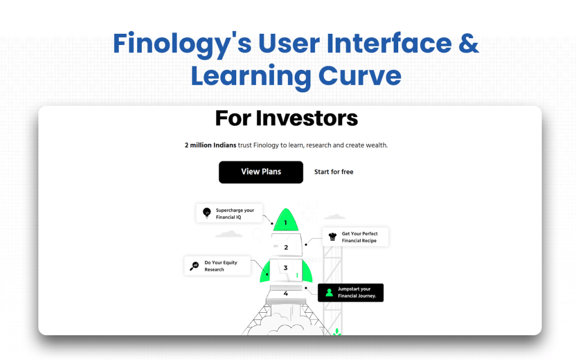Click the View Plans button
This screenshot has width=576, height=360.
click(261, 172)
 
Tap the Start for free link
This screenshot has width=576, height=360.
click(334, 172)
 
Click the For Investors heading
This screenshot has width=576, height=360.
click(286, 119)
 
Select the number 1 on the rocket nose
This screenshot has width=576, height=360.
click(285, 223)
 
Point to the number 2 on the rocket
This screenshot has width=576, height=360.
click(286, 247)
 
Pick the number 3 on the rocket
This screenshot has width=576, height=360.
click(286, 268)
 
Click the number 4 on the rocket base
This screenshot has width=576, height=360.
click(286, 293)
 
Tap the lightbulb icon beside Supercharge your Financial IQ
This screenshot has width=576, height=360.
click(206, 213)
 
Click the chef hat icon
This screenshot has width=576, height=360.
click(332, 237)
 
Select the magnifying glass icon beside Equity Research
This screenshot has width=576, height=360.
click(194, 266)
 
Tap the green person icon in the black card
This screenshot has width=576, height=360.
click(328, 292)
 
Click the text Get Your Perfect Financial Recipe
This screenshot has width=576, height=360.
click(359, 237)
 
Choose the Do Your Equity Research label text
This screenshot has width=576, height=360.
click(220, 266)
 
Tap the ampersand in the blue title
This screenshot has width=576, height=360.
click(466, 44)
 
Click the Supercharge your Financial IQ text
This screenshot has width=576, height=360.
click(235, 214)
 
